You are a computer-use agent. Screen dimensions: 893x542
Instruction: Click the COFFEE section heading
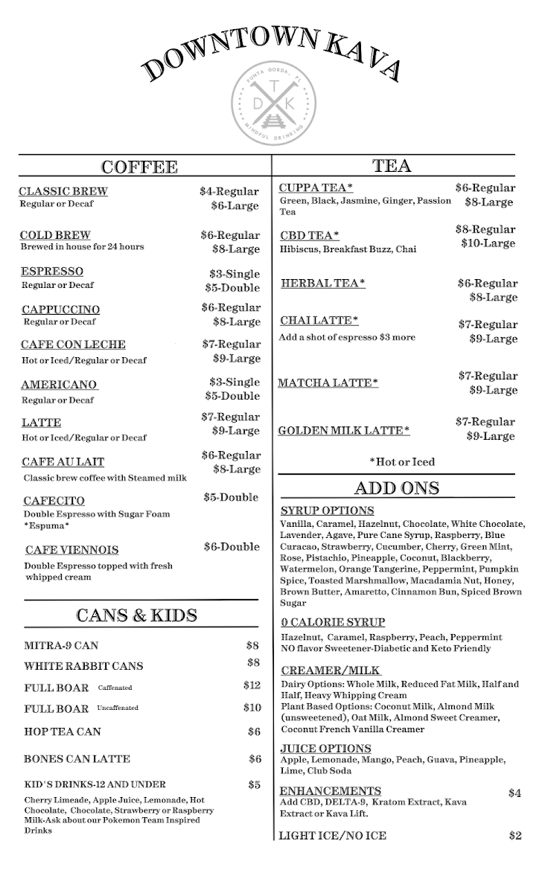click(139, 167)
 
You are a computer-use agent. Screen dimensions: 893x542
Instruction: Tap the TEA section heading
click(392, 166)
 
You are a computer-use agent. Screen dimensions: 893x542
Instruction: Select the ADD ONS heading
click(397, 488)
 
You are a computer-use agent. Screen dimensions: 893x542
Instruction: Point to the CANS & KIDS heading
click(137, 615)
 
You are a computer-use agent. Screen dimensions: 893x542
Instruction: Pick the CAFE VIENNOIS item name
click(71, 551)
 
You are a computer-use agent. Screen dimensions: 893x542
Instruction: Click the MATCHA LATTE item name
click(328, 383)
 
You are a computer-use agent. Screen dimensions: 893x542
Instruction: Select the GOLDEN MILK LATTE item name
click(344, 431)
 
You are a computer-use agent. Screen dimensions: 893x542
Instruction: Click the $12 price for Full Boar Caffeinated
click(252, 685)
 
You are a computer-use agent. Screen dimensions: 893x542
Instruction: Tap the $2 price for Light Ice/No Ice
click(514, 836)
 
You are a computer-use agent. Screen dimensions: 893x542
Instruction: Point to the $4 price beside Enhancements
click(514, 793)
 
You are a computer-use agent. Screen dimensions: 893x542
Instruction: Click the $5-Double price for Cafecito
click(231, 497)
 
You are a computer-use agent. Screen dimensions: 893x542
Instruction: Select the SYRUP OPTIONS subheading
click(328, 511)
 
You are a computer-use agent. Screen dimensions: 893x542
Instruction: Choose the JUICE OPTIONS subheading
click(325, 749)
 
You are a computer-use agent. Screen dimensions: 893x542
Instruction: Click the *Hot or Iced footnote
click(402, 462)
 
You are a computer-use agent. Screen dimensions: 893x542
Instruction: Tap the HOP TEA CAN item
click(63, 732)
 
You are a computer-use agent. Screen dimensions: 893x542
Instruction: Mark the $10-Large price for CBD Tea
click(488, 243)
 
